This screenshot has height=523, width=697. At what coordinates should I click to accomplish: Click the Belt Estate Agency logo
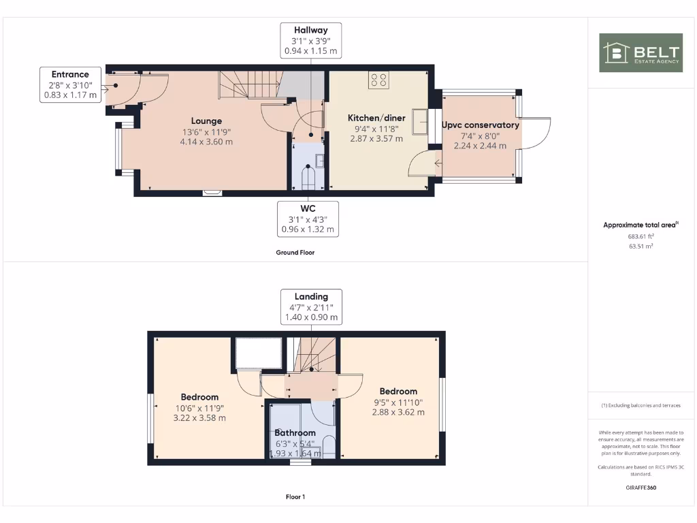tap(640, 52)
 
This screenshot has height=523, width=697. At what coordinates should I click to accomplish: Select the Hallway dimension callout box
tap(310, 40)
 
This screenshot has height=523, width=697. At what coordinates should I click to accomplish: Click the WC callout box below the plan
tap(308, 218)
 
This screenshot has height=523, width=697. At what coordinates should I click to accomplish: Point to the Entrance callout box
tap(70, 85)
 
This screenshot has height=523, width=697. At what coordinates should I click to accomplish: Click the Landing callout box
tap(311, 306)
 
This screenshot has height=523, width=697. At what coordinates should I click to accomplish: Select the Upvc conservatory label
tap(480, 125)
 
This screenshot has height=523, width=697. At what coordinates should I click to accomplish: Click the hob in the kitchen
tap(378, 80)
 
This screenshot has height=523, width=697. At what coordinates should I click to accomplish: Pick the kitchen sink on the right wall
tap(419, 122)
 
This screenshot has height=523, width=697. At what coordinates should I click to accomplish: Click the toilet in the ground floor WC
tap(308, 178)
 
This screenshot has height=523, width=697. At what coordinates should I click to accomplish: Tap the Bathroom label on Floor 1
tap(295, 432)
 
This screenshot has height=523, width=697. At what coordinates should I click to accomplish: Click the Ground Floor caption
tap(295, 252)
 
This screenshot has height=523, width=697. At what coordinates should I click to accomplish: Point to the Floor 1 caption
tap(295, 497)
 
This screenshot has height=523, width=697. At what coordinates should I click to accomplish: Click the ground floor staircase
tap(248, 86)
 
